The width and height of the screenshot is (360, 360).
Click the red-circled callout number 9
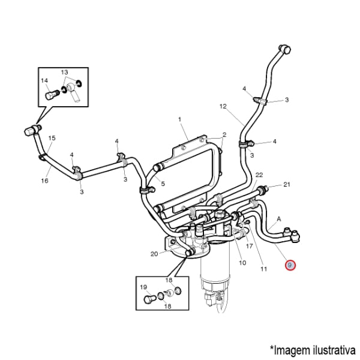pyautogui.click(x=290, y=265)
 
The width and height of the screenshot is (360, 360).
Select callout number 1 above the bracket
pyautogui.click(x=179, y=120)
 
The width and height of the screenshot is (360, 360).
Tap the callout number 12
pyautogui.click(x=223, y=106)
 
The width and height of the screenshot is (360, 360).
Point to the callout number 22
pyautogui.click(x=259, y=175)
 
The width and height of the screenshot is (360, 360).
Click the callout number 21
pyautogui.click(x=287, y=184)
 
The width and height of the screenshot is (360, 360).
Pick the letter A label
pyautogui.click(x=278, y=219)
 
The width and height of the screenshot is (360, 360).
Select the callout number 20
pyautogui.click(x=154, y=254)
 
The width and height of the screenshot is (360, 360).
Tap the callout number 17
pyautogui.click(x=250, y=246)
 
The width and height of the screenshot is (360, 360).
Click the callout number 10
pyautogui.click(x=242, y=263)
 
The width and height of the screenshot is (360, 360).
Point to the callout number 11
pyautogui.click(x=263, y=269)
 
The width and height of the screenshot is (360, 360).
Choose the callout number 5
pyautogui.click(x=162, y=183)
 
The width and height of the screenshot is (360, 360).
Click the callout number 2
pyautogui.click(x=224, y=134)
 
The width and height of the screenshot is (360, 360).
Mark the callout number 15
pyautogui.click(x=52, y=139)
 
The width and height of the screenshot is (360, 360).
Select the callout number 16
pyautogui.click(x=44, y=180)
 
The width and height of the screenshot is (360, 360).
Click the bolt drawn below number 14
pyautogui.click(x=50, y=94)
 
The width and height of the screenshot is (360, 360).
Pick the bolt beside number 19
pyautogui.click(x=151, y=298)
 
